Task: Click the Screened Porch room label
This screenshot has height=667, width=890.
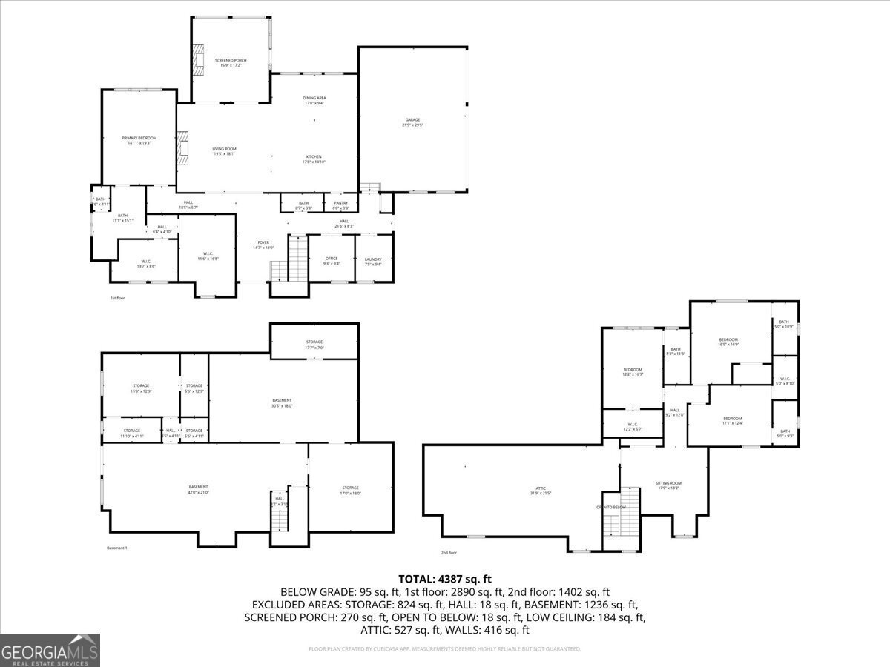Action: click(x=231, y=62)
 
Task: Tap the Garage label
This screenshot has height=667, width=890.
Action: click(x=412, y=122)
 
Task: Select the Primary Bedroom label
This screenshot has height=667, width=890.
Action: click(x=139, y=140)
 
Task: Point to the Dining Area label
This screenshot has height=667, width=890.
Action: click(x=314, y=100)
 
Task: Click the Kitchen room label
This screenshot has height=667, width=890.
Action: click(x=314, y=159)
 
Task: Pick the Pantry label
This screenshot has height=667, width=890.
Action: click(x=340, y=205)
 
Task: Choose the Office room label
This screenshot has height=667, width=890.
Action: click(x=332, y=261)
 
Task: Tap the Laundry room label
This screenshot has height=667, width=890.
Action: click(x=373, y=261)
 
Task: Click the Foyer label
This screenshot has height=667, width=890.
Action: click(x=263, y=245)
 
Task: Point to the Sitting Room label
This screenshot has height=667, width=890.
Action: click(x=668, y=485)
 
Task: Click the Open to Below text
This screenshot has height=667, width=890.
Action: click(x=611, y=507)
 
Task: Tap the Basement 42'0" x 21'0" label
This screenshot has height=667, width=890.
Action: click(x=198, y=489)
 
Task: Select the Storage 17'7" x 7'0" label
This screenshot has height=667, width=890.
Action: click(x=314, y=344)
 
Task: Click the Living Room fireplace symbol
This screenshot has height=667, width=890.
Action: click(x=183, y=147)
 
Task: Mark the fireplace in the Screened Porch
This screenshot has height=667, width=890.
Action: click(x=198, y=60)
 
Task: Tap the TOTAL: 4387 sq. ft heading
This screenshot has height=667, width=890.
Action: click(x=445, y=579)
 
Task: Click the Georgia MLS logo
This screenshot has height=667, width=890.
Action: click(x=50, y=650)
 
